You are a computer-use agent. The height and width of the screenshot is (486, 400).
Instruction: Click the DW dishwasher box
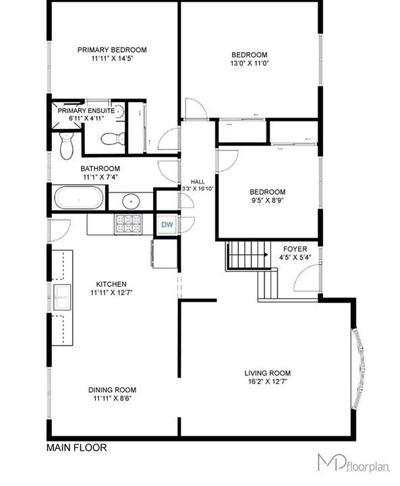point(167,225)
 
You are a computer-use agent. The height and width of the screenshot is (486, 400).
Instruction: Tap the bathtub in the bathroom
point(79,198)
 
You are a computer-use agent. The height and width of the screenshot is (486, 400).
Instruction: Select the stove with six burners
point(128,224)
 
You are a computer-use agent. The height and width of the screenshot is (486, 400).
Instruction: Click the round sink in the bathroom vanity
point(131,201)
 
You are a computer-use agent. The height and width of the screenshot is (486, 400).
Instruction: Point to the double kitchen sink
point(62,297)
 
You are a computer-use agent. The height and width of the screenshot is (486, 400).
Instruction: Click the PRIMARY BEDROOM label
point(112,49)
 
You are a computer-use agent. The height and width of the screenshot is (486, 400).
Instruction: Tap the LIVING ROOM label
point(268,373)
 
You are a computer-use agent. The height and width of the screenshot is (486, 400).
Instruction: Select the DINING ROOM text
point(112,390)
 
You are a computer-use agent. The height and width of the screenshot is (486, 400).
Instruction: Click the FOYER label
point(295,249)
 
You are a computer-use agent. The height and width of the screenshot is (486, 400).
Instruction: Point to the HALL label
point(198,182)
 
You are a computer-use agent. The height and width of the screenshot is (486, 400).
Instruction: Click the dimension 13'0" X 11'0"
point(250,63)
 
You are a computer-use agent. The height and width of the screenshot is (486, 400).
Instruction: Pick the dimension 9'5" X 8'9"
point(268,200)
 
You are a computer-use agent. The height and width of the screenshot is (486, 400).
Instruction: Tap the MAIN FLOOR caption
point(76,448)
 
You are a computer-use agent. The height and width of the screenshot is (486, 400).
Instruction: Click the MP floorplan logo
point(354,463)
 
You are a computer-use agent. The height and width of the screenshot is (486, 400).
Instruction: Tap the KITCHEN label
point(111,284)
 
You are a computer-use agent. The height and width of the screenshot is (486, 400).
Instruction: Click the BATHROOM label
point(100,169)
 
